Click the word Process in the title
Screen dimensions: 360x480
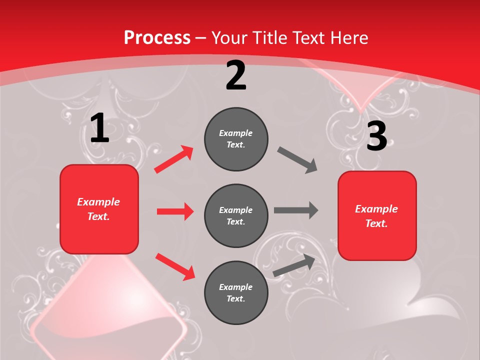(x=157, y=38)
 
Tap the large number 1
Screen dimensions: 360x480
(x=99, y=128)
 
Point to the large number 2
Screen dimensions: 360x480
(x=236, y=75)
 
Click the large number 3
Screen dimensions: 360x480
(x=376, y=136)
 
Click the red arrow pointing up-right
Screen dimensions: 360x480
(x=174, y=159)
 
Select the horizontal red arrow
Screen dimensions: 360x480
(x=175, y=211)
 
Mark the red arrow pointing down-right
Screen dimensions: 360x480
(x=175, y=266)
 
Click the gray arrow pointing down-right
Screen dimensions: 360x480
(x=297, y=160)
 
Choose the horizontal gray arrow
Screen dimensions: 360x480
(x=296, y=210)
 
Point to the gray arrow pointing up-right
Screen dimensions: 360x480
(x=294, y=265)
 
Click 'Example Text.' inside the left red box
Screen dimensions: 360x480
(x=98, y=209)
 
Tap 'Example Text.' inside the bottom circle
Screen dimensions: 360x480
(x=236, y=292)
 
